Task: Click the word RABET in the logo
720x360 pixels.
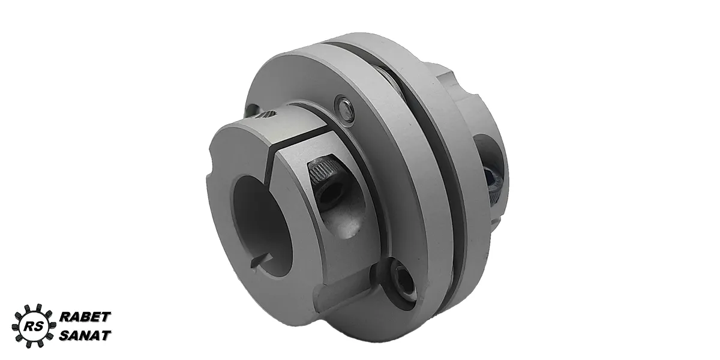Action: [85, 317]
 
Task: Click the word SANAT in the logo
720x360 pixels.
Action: [85, 335]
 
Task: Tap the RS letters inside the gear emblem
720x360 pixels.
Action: [31, 326]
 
